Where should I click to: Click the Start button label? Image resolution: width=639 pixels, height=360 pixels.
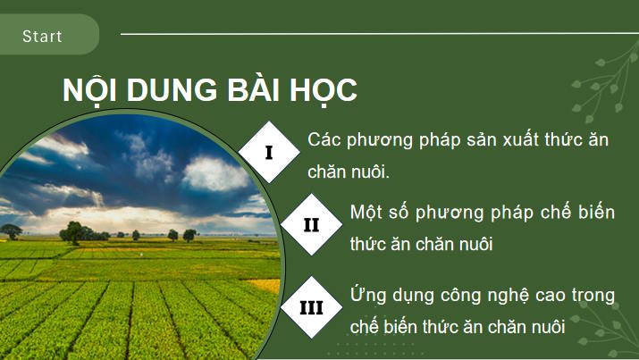pos(43,37)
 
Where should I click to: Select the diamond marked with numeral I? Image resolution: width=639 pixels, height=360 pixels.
pos(269,153)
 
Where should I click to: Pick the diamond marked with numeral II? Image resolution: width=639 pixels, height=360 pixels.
pos(310,224)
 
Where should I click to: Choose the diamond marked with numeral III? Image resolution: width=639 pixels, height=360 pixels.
pos(311,307)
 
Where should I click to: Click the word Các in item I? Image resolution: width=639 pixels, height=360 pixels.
pos(322,140)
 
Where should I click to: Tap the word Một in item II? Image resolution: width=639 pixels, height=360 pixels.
pos(366,212)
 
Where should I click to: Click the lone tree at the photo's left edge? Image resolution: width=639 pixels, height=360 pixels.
pos(12,231)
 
